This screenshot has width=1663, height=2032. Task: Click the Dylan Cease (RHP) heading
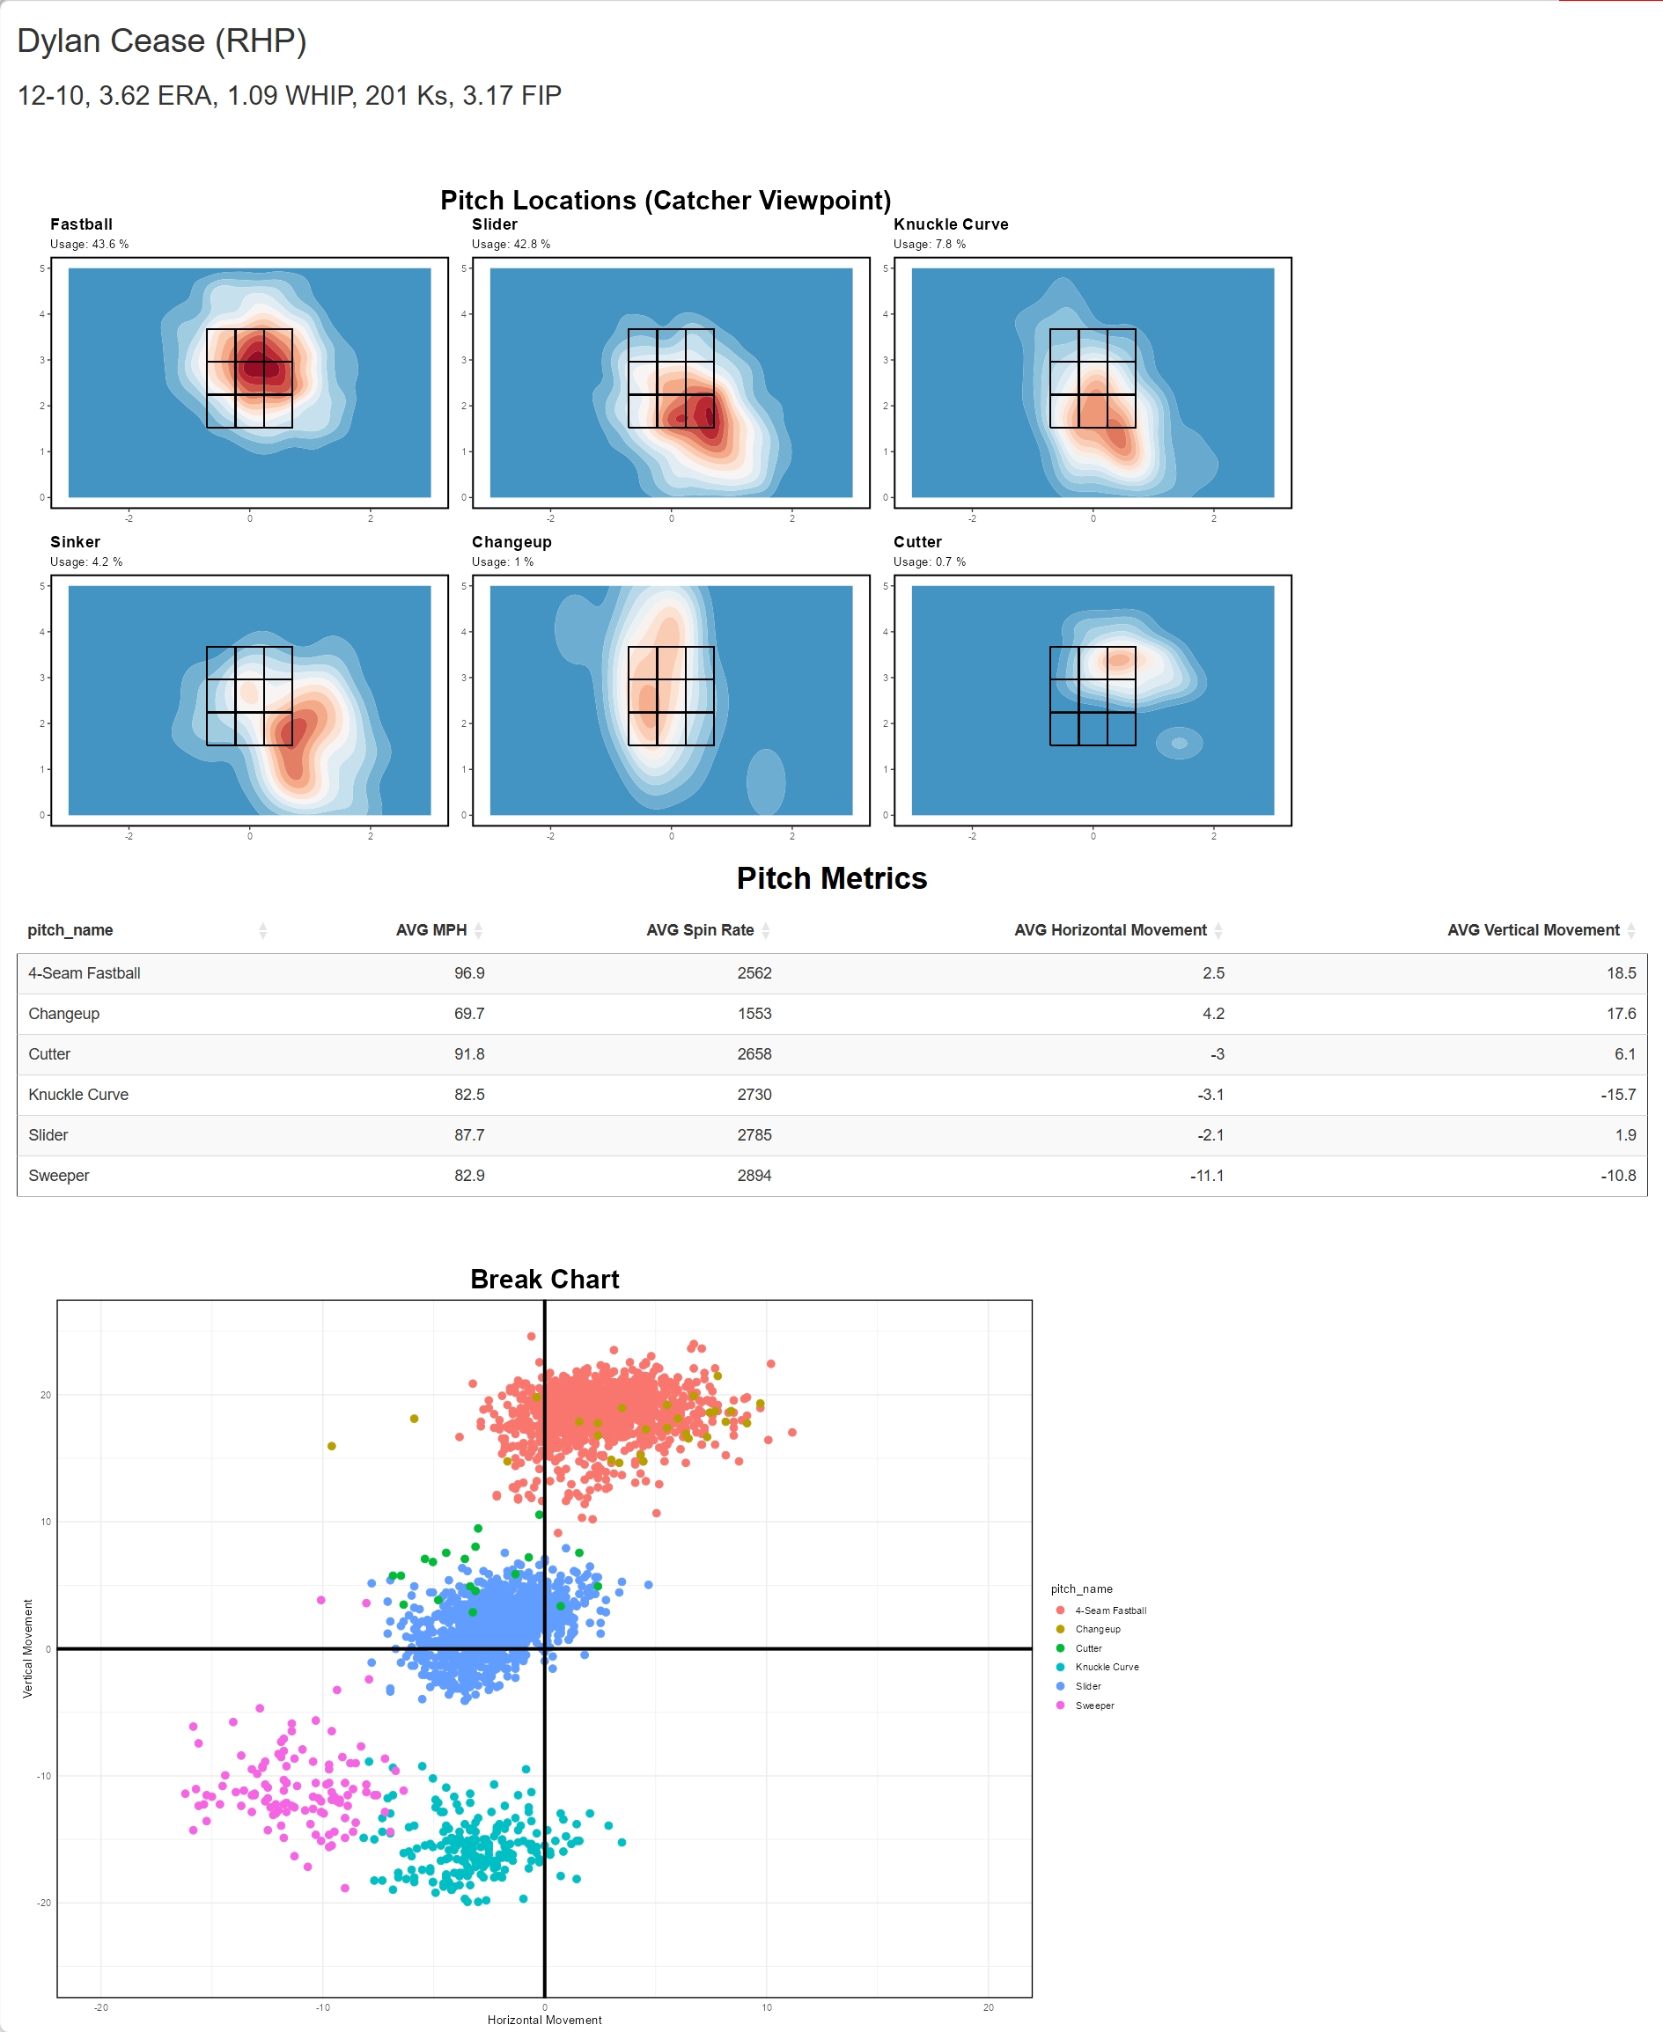162,41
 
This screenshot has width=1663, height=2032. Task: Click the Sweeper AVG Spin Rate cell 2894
754,1175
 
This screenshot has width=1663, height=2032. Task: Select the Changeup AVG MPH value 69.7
469,1013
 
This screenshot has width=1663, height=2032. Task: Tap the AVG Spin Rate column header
699,930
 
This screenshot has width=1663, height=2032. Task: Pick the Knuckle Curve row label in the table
78,1095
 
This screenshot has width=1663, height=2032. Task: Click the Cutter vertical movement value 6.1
1624,1053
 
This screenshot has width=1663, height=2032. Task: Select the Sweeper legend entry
1094,1706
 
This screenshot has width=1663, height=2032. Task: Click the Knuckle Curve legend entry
1107,1667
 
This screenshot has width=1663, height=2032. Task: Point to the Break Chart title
544,1280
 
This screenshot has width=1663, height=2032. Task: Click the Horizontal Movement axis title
544,2020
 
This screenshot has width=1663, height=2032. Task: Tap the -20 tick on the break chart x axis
101,2007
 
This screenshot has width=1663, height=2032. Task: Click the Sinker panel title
75,542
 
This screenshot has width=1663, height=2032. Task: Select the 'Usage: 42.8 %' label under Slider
511,244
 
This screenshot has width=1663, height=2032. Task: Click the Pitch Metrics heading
831,878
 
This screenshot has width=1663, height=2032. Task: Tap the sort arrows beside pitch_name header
262,930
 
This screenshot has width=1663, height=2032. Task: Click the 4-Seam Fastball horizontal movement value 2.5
1213,973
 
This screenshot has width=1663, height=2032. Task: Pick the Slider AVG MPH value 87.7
469,1134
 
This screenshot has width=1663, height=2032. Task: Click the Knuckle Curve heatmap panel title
950,224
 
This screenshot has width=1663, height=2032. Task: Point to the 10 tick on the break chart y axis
46,1522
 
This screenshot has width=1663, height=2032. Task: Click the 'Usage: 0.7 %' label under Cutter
929,562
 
